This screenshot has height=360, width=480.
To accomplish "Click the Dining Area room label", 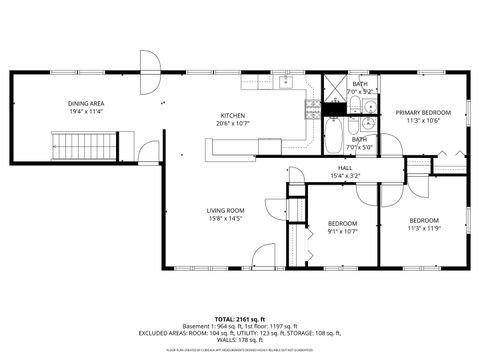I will coord(87,103).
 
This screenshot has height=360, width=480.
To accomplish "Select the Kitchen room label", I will coord(232,115).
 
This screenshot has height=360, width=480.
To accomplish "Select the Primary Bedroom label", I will coord(422,112).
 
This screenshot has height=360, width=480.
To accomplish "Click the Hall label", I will coord(345,167).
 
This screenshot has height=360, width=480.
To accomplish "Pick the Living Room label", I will coord(226,209).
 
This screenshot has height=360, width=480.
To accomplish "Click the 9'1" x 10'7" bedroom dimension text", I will coord(343,231).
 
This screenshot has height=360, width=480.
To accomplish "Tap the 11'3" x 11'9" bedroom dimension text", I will coord(423,229).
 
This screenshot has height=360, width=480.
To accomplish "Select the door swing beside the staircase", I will coord(148,151).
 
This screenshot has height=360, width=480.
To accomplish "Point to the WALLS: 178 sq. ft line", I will coord(239,339).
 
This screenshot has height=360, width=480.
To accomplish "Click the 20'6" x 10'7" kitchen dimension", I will coord(232,124).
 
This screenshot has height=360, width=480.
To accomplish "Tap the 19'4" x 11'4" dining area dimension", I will coord(87,112).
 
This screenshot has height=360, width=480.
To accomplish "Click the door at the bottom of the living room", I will coord(264,255).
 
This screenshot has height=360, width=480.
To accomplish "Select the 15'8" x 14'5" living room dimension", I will coord(226,218).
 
